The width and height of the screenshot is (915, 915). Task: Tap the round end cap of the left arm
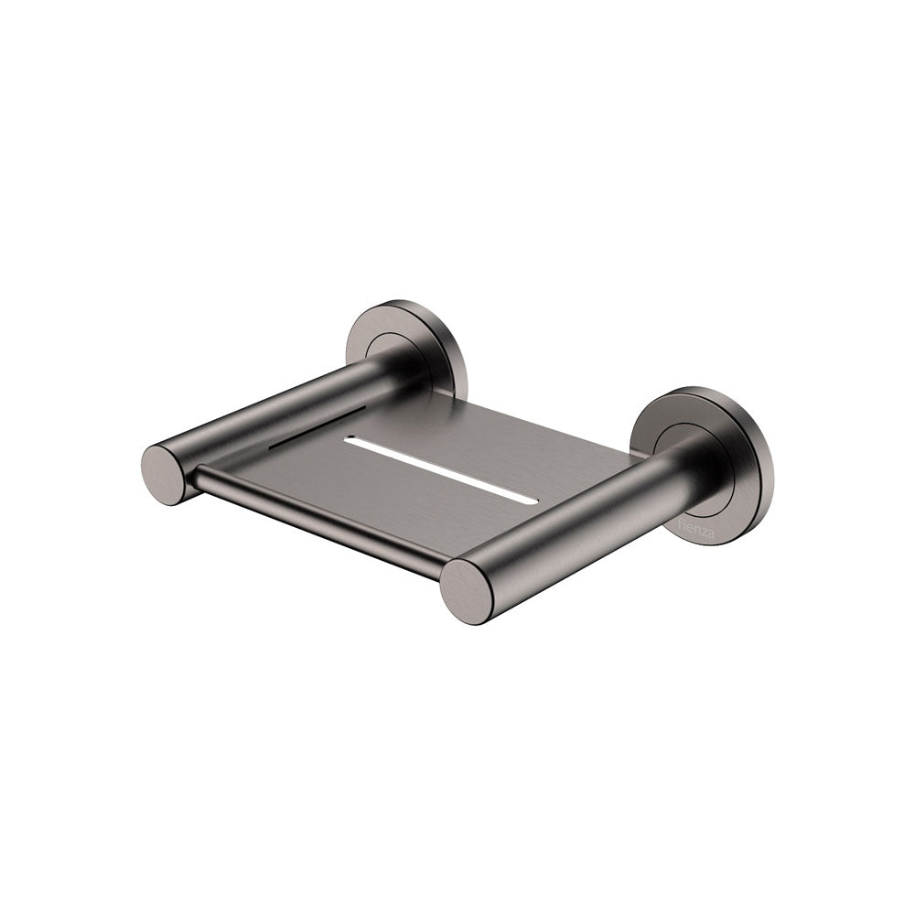(166, 473)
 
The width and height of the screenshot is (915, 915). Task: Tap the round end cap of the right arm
(467, 590)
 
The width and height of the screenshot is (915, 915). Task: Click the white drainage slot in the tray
(435, 465)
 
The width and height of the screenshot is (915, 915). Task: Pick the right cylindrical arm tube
(586, 522)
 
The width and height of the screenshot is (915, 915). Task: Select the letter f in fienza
(679, 521)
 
